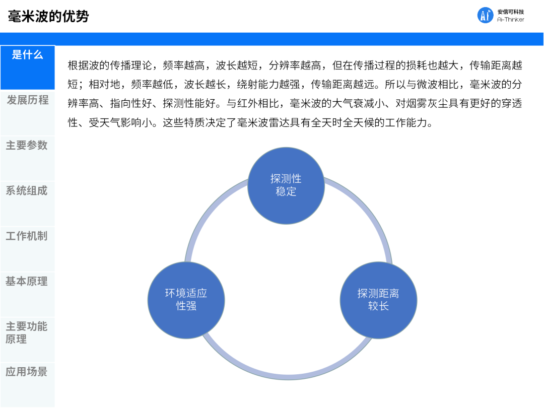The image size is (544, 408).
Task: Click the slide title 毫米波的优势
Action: (x=48, y=16)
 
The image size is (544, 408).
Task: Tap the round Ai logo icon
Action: (x=485, y=15)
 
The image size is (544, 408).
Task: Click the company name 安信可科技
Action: (x=510, y=11)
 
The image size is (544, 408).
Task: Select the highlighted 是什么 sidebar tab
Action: (x=27, y=55)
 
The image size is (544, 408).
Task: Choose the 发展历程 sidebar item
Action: (x=27, y=100)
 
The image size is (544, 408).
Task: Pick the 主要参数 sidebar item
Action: (x=27, y=146)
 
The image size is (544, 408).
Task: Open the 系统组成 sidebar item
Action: (x=27, y=191)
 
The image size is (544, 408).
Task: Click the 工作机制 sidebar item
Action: (x=27, y=236)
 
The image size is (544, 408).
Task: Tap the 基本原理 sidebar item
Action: (x=27, y=281)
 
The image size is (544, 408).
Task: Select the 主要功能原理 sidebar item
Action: (x=27, y=332)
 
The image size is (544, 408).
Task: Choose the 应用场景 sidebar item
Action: (x=27, y=372)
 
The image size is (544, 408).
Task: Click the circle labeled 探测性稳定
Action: (x=286, y=185)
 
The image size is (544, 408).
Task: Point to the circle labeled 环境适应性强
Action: (x=186, y=299)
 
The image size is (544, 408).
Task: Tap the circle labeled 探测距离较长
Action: (x=378, y=299)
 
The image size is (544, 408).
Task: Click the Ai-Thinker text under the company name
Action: (x=510, y=20)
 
